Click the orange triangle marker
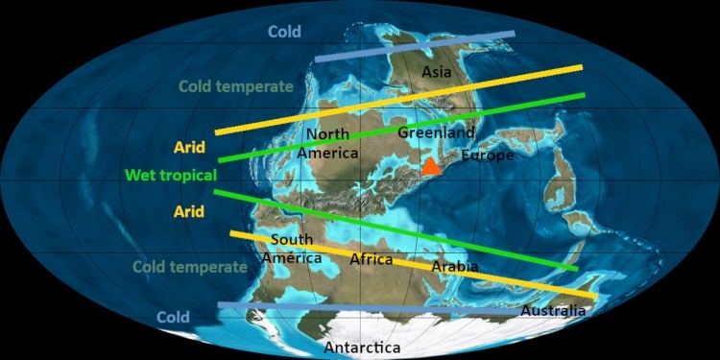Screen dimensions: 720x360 click(x=431, y=166)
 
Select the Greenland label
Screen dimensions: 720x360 click(x=436, y=132)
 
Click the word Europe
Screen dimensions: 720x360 click(x=488, y=156)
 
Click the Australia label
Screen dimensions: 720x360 click(x=553, y=311)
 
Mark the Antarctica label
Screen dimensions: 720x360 click(x=363, y=347)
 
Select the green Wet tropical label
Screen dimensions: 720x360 click(x=171, y=176)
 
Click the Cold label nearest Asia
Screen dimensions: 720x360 click(x=284, y=32)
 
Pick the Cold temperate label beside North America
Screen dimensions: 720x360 click(x=236, y=86)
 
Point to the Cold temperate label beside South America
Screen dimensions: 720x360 click(x=190, y=267)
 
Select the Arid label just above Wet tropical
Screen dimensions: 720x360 click(x=188, y=148)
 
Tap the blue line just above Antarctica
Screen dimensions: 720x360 click(x=384, y=309)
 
